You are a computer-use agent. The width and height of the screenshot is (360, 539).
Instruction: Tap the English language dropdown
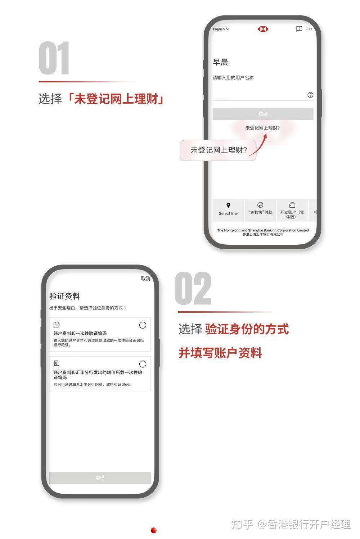[x=221, y=29]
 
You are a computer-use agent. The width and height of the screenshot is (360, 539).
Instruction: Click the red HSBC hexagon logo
[x=263, y=29]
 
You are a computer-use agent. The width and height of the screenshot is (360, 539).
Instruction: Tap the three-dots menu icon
[x=309, y=29]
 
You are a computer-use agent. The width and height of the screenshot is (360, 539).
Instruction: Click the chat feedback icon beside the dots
[x=299, y=29]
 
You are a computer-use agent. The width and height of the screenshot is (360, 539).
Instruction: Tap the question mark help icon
[x=310, y=95]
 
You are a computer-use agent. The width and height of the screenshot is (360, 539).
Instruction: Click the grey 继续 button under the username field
[x=263, y=114]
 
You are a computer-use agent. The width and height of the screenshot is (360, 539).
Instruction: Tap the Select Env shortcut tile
[x=228, y=210]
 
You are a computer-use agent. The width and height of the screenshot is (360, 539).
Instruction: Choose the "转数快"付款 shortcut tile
[x=260, y=210]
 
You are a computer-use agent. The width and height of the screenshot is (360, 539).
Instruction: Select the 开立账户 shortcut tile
[x=292, y=210]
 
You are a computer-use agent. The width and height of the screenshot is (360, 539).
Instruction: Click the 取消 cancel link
[x=145, y=278]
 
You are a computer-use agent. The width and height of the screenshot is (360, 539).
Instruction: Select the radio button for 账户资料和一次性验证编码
[x=143, y=325]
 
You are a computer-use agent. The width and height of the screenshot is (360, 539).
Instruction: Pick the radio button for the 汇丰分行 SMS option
[x=143, y=364]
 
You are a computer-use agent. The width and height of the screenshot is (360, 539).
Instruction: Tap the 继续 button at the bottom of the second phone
[x=100, y=478]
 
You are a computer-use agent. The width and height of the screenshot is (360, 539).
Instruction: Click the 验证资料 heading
[x=64, y=296]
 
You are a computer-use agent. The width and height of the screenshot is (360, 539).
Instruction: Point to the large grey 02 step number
[x=193, y=288]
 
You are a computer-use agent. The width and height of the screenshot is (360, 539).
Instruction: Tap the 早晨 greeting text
[x=220, y=62]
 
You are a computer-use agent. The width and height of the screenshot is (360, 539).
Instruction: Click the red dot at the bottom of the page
[x=154, y=530]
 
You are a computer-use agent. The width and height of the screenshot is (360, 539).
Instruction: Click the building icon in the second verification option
[x=56, y=363]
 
